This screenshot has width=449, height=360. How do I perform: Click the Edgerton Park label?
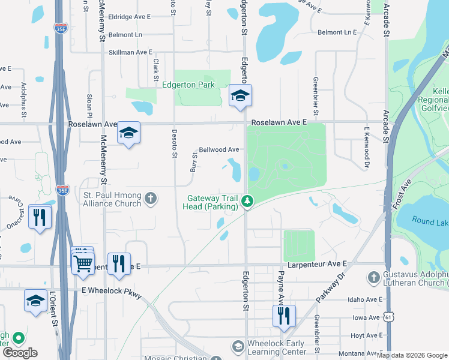coord(188,85)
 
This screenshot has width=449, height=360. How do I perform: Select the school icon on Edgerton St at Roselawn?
coord(240,96)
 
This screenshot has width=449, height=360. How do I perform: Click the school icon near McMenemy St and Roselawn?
coord(128,133)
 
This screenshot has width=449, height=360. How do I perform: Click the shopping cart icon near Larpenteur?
coord(83,262)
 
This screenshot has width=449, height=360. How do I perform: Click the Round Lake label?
coord(430,221)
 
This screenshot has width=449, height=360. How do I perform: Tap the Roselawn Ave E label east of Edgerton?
coord(279,122)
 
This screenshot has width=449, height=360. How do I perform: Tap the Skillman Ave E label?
coord(130,53)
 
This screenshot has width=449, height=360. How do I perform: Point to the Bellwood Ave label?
coord(219,149)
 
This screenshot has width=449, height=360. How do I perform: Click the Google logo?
coord(20,353)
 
